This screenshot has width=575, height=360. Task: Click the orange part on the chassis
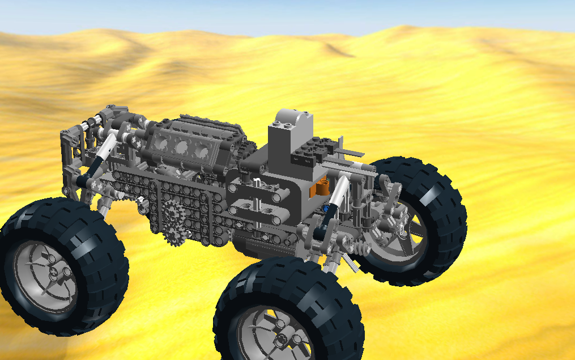pos(321,187)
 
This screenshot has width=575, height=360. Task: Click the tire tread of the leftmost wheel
pos(102,238)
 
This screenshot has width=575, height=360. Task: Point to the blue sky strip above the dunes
pos(283,14)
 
